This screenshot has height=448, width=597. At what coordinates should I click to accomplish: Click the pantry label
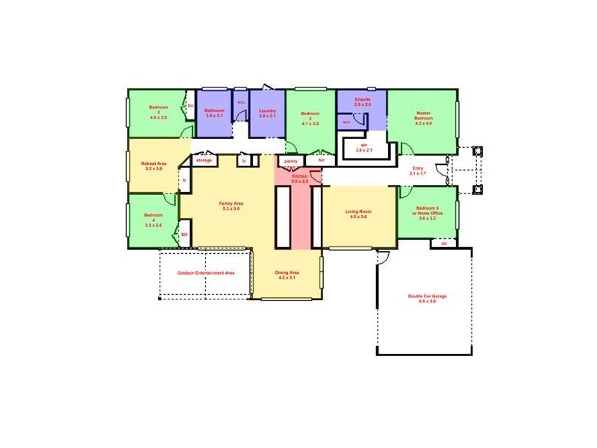[x=291, y=160]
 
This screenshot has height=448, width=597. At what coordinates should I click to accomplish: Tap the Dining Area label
[x=287, y=275]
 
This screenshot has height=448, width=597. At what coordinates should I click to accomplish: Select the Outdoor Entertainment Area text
[x=206, y=273]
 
